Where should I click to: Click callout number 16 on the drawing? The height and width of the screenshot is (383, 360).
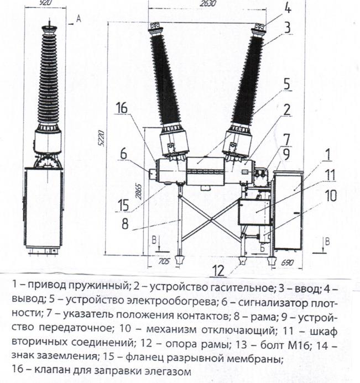pos(122,109)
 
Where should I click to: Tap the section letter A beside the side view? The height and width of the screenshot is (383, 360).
pos(79,19)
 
